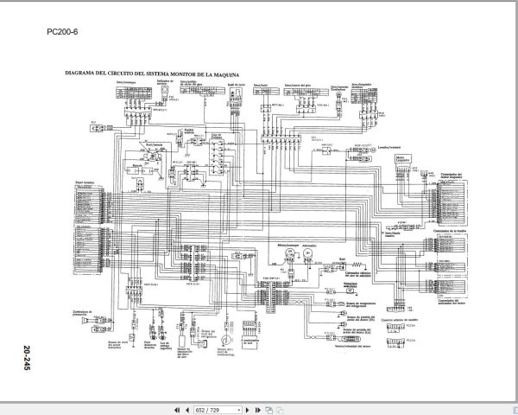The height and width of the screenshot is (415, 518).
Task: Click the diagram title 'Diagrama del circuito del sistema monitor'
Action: click(x=146, y=75)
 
